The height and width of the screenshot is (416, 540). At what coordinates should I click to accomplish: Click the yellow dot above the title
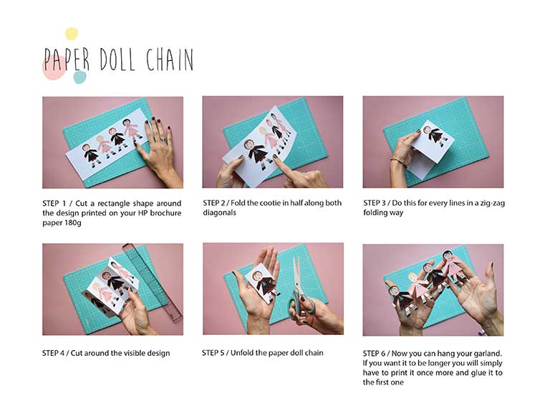click(x=72, y=34)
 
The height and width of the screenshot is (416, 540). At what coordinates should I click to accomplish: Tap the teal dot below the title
click(x=79, y=77)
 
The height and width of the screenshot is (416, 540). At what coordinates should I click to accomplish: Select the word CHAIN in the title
click(x=170, y=60)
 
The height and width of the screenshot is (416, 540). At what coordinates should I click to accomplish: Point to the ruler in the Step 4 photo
click(x=153, y=281)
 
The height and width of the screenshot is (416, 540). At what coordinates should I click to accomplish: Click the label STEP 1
click(x=54, y=203)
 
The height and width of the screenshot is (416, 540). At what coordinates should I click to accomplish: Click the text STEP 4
click(x=54, y=353)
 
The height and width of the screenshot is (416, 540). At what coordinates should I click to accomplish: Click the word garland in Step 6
click(x=488, y=354)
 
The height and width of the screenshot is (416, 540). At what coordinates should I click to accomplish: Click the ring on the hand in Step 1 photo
click(x=163, y=140)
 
